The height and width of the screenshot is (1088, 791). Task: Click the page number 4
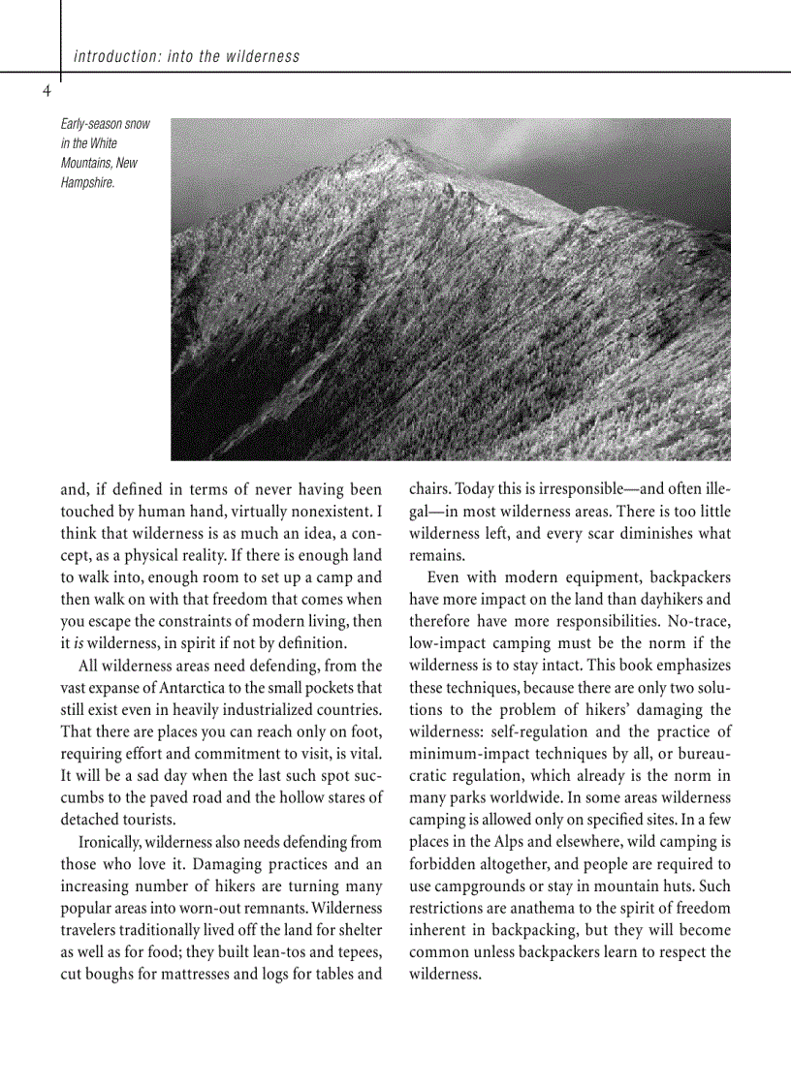coord(46,91)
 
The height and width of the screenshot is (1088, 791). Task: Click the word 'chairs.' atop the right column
coord(430,489)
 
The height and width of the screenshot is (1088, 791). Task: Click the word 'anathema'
coord(547,908)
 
